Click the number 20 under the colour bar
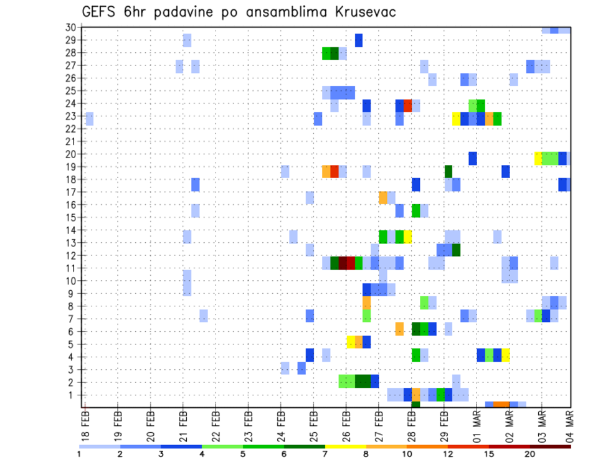[530, 453]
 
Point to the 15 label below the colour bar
[489, 453]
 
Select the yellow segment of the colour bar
[345, 446]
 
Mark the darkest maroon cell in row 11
[342, 263]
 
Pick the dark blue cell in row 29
[359, 40]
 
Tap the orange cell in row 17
[383, 197]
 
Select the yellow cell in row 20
[538, 159]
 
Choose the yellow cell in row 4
[506, 355]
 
